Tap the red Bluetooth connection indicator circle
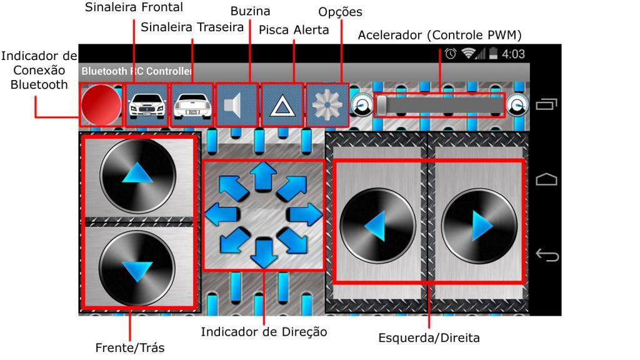(101, 105)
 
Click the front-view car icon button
(147, 105)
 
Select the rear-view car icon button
(192, 105)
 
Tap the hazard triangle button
(282, 105)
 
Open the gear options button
(327, 105)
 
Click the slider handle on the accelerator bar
(382, 105)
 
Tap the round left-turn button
(378, 226)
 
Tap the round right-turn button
(479, 226)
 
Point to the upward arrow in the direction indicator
(264, 176)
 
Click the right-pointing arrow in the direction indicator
(305, 214)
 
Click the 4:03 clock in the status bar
(514, 54)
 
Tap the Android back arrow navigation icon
(547, 255)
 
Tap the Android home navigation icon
(546, 179)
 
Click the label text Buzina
(250, 11)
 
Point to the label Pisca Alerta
(294, 30)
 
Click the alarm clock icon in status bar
(451, 54)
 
